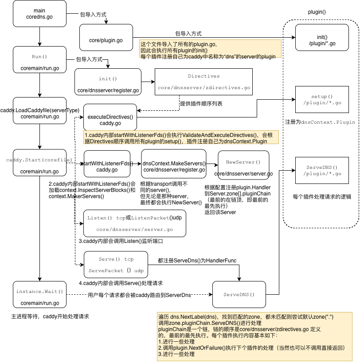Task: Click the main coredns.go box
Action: pyautogui.click(x=39, y=14)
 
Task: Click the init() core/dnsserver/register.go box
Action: pyautogui.click(x=108, y=84)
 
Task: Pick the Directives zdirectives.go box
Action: pyautogui.click(x=203, y=82)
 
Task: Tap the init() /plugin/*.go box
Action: pyautogui.click(x=319, y=40)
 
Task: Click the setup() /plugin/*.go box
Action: pyautogui.click(x=319, y=100)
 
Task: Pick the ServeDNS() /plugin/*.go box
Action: pyautogui.click(x=319, y=171)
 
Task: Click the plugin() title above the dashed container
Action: pyautogui.click(x=317, y=12)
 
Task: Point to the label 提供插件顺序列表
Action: pyautogui.click(x=201, y=103)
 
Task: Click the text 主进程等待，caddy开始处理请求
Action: pyautogui.click(x=50, y=316)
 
